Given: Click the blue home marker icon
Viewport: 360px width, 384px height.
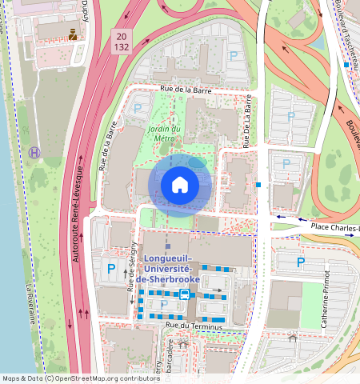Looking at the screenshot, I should coord(180,185).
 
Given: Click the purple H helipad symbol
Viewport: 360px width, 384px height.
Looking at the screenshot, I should coord(34,151).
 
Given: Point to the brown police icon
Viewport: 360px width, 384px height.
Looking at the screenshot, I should coord(74,34).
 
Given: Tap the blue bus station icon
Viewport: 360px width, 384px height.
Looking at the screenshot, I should coord(185,294).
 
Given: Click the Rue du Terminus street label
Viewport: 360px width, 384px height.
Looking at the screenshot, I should coord(197,326).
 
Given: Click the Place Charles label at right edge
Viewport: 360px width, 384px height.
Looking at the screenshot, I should coord(334,227).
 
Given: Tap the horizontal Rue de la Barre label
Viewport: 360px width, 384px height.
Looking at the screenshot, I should coord(185,90).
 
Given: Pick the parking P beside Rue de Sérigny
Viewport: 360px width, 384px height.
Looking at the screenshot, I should coord(111,269).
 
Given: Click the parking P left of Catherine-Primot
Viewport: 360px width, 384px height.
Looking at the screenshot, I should coord(301,262).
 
